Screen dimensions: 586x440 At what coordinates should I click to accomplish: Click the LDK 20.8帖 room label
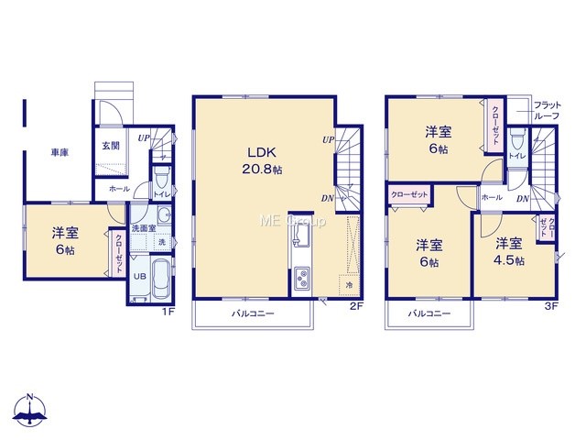pyautogui.click(x=262, y=160)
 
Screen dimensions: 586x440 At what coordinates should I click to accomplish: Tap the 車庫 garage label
pyautogui.click(x=60, y=153)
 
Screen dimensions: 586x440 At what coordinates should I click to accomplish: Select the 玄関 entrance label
pyautogui.click(x=111, y=146)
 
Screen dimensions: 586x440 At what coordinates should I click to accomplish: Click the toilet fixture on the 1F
pyautogui.click(x=161, y=179)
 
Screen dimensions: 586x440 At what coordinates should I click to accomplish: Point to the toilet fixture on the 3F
pyautogui.click(x=517, y=139)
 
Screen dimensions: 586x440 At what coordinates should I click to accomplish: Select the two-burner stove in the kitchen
pyautogui.click(x=301, y=279)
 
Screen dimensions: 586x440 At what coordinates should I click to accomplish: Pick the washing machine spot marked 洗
pyautogui.click(x=162, y=242)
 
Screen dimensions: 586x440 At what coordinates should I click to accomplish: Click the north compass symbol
pyautogui.click(x=30, y=410)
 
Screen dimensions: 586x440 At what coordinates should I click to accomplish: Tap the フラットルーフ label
pyautogui.click(x=548, y=110)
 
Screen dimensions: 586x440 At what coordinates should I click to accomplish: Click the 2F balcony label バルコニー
pyautogui.click(x=253, y=313)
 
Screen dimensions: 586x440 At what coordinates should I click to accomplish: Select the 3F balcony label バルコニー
pyautogui.click(x=429, y=313)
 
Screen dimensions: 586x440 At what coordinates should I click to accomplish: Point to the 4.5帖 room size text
pyautogui.click(x=509, y=260)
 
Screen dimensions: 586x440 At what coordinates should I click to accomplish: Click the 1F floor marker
pyautogui.click(x=168, y=312)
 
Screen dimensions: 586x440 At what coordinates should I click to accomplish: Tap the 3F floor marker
pyautogui.click(x=551, y=306)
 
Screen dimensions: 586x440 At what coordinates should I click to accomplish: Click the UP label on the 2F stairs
pyautogui.click(x=328, y=140)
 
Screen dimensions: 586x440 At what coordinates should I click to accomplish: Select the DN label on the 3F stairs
pyautogui.click(x=523, y=199)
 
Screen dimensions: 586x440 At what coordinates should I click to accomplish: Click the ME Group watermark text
pyautogui.click(x=293, y=221)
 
